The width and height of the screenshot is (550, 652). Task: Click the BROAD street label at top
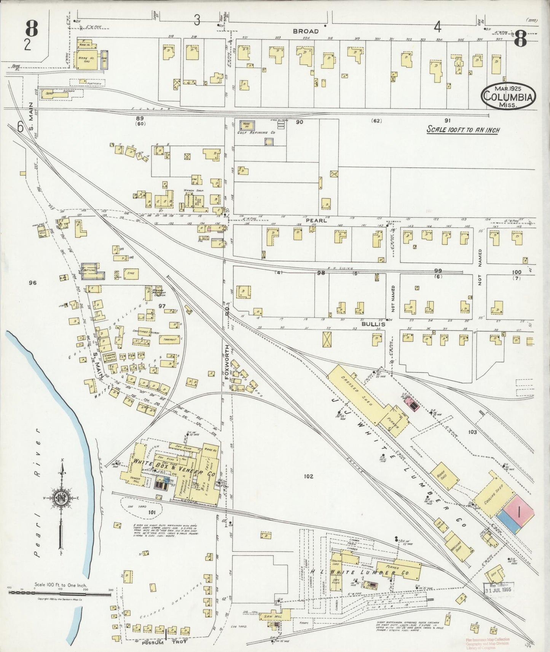[305, 32]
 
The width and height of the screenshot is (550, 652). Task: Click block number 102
[308, 476]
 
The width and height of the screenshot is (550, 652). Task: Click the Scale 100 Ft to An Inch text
[463, 130]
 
